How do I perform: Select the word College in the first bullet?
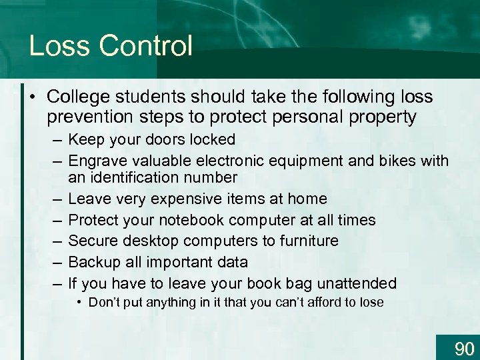pos(78,97)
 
